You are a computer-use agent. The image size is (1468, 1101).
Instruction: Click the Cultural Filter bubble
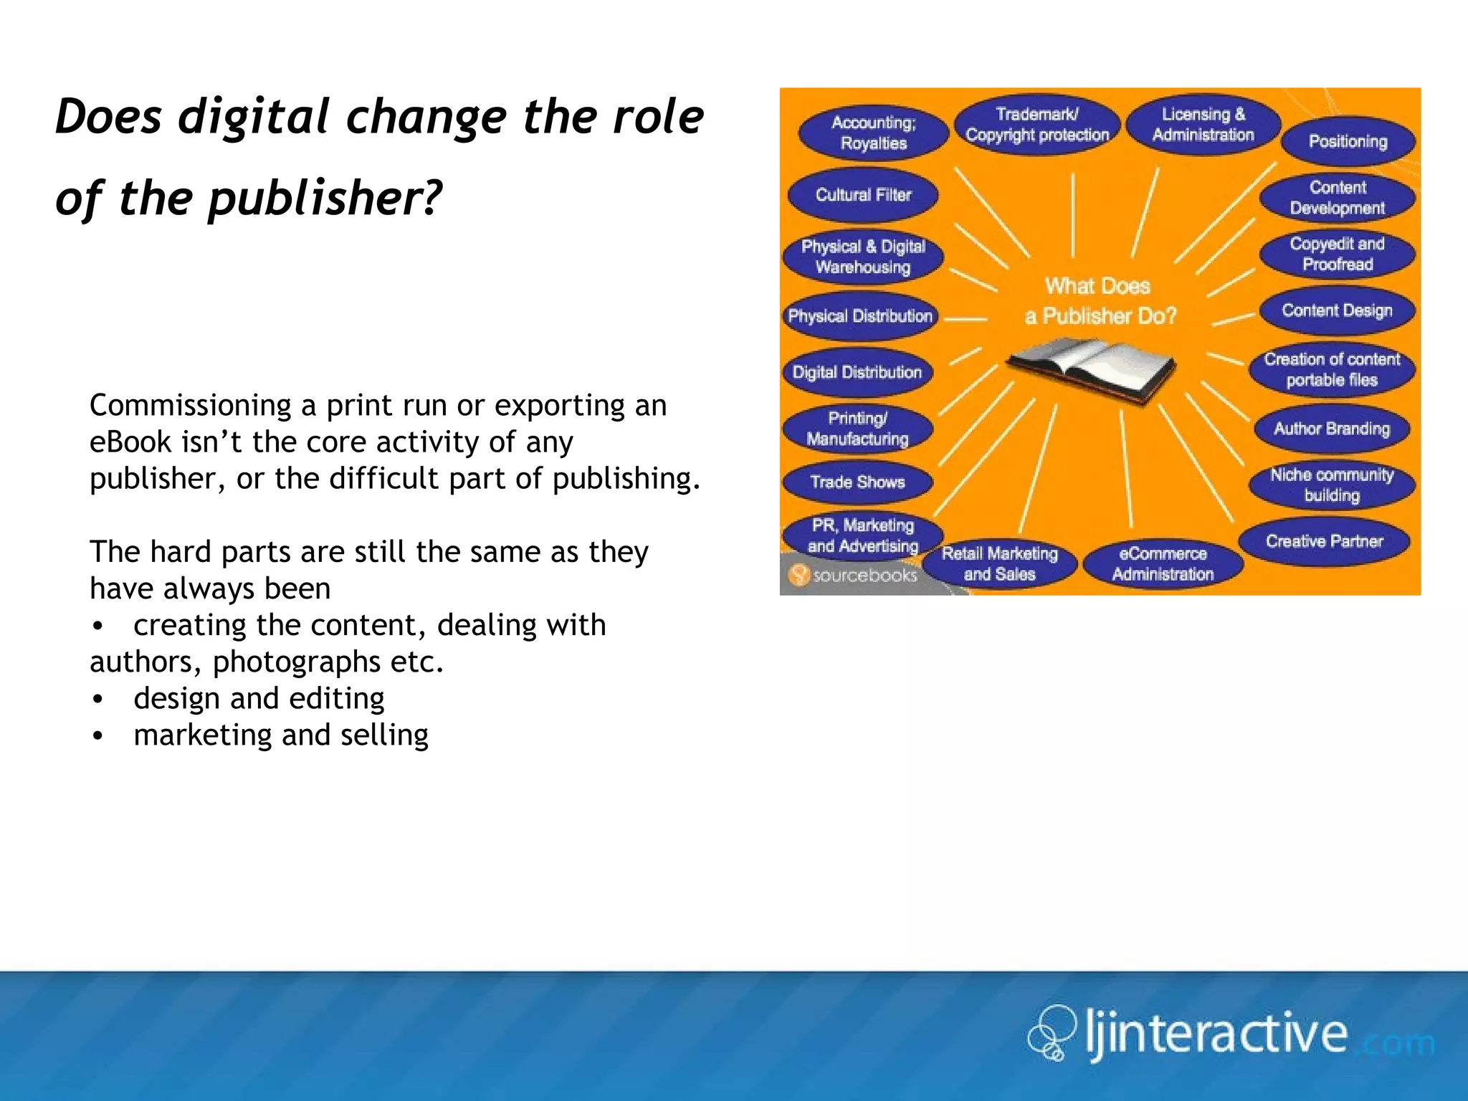pyautogui.click(x=863, y=195)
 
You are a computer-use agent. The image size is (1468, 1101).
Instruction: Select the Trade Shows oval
pyautogui.click(x=857, y=482)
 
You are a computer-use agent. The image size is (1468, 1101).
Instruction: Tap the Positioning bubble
pyautogui.click(x=1348, y=141)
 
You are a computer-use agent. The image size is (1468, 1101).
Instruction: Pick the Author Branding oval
pyautogui.click(x=1332, y=429)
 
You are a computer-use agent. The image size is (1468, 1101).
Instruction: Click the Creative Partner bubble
pyautogui.click(x=1324, y=541)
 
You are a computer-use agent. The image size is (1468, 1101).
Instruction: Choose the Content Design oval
pyautogui.click(x=1337, y=310)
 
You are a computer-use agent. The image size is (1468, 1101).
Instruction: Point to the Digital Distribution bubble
pyautogui.click(x=857, y=372)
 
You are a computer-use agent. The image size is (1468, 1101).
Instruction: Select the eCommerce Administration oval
pyautogui.click(x=1163, y=564)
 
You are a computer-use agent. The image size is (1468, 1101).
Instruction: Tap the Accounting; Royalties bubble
pyautogui.click(x=873, y=133)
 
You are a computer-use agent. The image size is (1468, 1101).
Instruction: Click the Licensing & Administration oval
pyautogui.click(x=1203, y=125)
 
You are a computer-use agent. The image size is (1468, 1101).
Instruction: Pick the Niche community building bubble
pyautogui.click(x=1332, y=485)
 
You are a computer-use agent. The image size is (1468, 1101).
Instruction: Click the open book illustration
pyautogui.click(x=1090, y=369)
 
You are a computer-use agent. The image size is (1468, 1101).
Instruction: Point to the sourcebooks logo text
pyautogui.click(x=864, y=576)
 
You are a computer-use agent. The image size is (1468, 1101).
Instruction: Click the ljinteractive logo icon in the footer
pyautogui.click(x=1052, y=1032)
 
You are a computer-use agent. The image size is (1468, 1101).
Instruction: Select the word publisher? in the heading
pyautogui.click(x=325, y=199)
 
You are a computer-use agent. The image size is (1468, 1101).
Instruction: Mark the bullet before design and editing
pyautogui.click(x=98, y=699)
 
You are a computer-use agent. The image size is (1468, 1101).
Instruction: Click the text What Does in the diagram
pyautogui.click(x=1097, y=286)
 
